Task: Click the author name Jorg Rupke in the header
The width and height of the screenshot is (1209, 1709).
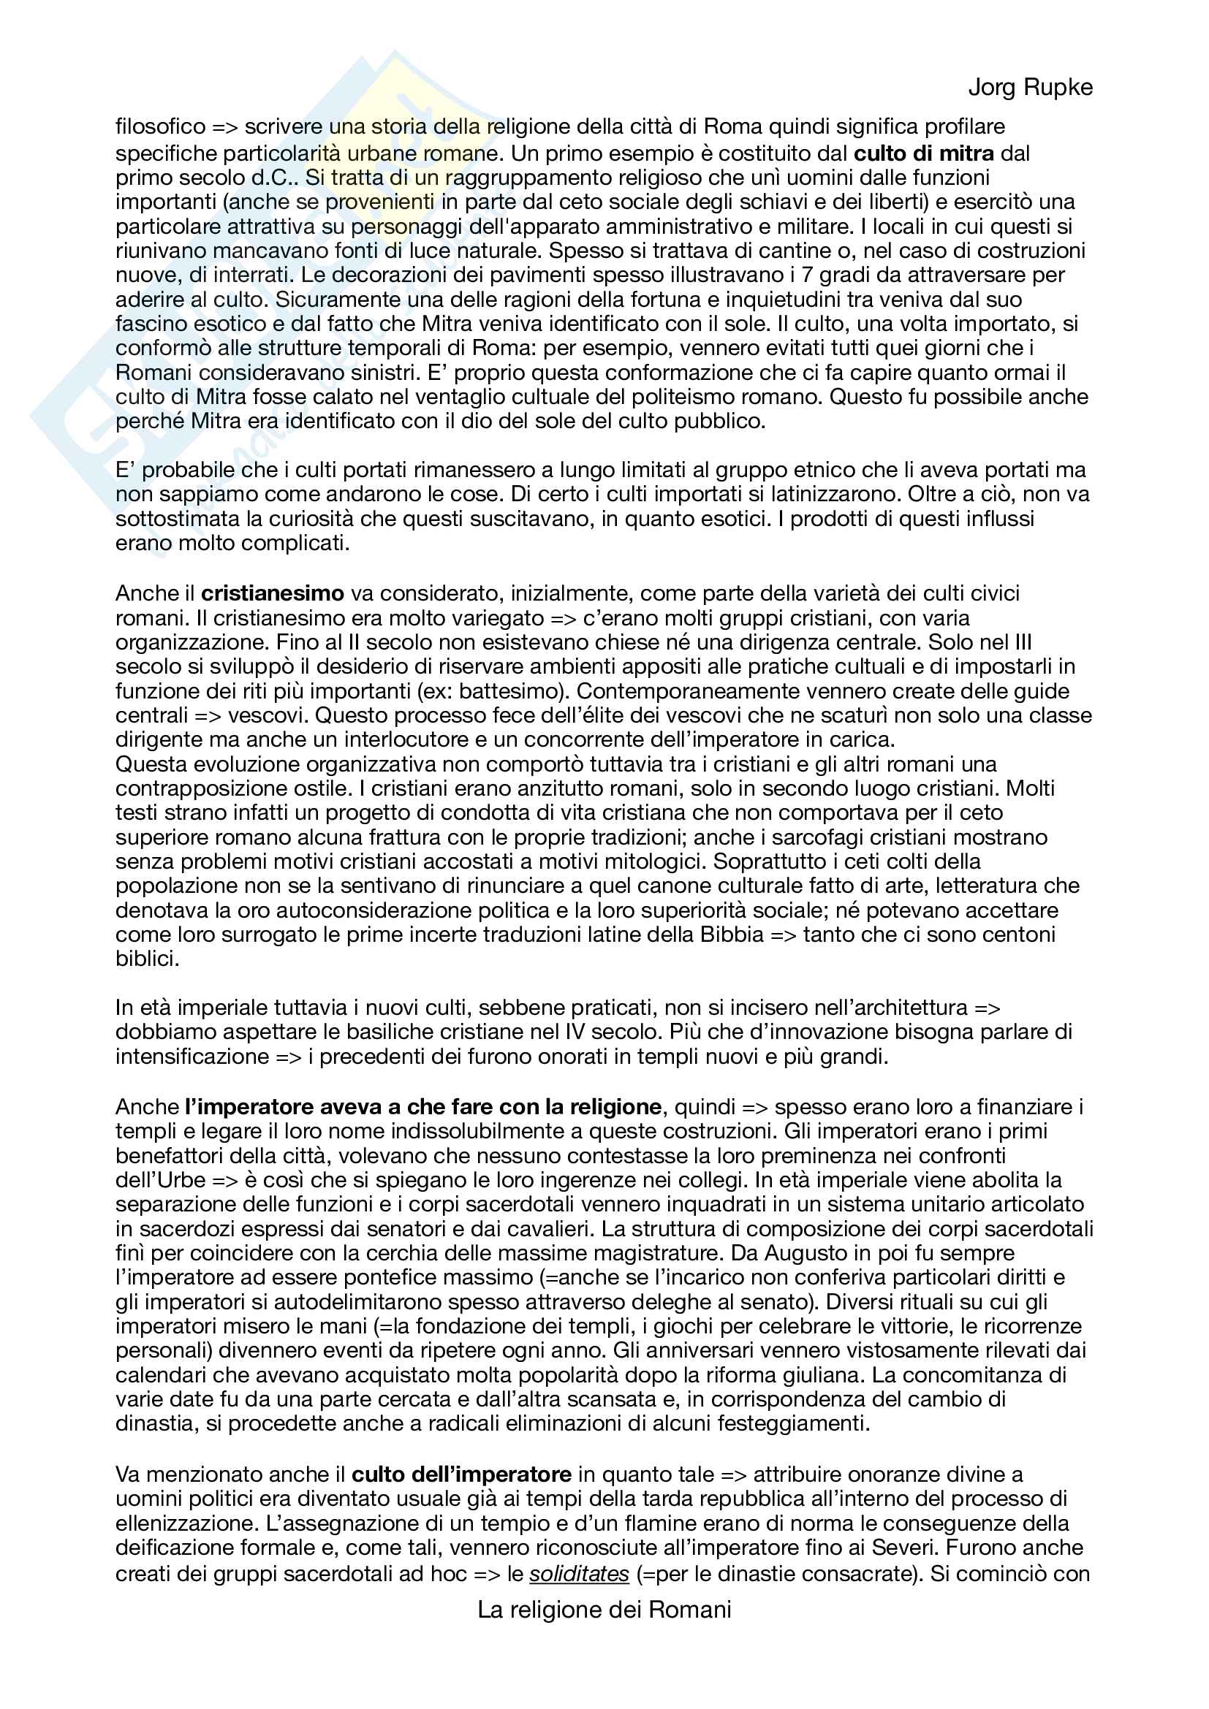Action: click(1031, 88)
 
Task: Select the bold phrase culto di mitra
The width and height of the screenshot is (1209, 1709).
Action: click(923, 153)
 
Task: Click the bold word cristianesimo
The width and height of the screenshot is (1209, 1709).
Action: click(273, 593)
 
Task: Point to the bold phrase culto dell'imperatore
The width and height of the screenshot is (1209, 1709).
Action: click(461, 1474)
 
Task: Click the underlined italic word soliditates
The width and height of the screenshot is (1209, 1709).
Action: click(579, 1574)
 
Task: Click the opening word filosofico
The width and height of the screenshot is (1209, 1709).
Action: click(160, 127)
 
